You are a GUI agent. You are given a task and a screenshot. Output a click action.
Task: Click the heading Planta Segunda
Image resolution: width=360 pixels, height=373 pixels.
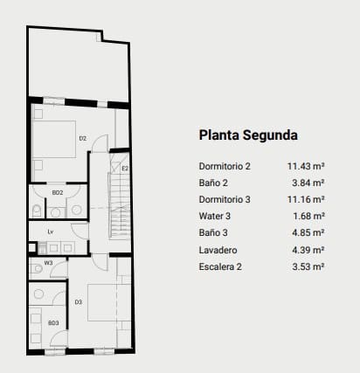(x=249, y=135)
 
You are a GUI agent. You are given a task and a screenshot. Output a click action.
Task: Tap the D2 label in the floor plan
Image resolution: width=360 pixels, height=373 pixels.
(x=82, y=138)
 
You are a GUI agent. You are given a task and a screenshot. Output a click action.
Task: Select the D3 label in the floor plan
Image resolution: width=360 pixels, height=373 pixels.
(x=78, y=302)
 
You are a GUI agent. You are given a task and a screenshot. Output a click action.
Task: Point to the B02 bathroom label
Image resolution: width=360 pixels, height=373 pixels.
(x=58, y=192)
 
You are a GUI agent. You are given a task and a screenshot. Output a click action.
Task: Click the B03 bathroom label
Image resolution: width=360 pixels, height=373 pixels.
(x=52, y=323)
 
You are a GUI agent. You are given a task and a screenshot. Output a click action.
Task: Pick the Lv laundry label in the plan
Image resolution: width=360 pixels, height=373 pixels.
(x=51, y=231)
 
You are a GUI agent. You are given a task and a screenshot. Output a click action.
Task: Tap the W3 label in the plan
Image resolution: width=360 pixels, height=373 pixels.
(x=49, y=262)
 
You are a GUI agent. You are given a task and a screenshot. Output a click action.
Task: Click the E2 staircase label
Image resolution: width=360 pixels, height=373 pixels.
(x=125, y=168)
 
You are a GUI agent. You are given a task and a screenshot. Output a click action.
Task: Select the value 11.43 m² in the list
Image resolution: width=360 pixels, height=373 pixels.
(x=306, y=166)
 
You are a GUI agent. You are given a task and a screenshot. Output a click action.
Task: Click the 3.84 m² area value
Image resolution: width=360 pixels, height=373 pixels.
(x=308, y=183)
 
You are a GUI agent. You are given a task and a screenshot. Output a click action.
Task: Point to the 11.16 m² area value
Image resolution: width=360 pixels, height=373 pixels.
(x=306, y=199)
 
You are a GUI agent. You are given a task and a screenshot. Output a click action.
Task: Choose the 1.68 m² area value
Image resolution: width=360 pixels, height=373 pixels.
(x=308, y=216)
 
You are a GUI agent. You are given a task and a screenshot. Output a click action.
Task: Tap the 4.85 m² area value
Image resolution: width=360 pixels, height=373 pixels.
(x=308, y=232)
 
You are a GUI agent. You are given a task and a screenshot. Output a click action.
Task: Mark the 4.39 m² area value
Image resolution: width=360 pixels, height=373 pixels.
(x=308, y=249)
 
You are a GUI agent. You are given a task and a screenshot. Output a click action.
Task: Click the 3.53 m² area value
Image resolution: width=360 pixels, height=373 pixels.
(x=308, y=266)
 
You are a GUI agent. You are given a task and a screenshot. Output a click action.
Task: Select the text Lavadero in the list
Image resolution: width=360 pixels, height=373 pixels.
(x=218, y=249)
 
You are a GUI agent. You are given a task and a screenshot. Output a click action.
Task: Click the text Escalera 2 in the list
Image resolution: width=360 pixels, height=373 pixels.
(x=221, y=266)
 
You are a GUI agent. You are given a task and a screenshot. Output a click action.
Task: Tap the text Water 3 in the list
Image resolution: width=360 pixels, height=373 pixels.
(x=216, y=216)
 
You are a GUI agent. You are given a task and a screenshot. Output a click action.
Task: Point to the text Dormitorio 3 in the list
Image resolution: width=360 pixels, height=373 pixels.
(x=225, y=199)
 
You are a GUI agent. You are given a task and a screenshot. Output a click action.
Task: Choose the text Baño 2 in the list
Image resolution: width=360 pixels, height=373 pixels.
(x=214, y=183)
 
